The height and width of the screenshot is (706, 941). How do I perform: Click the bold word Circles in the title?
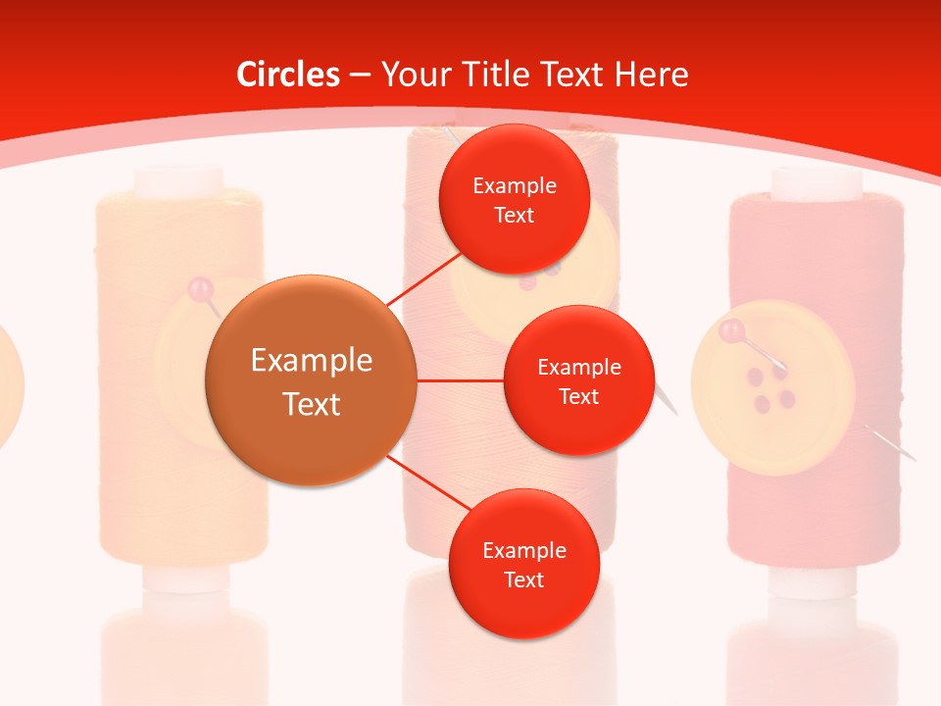288,75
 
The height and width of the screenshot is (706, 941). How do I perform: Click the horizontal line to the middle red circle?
460,379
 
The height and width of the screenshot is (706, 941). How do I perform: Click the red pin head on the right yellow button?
729,331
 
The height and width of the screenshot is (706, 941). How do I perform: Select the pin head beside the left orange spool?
200,288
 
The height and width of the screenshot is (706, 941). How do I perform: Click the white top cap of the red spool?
816,180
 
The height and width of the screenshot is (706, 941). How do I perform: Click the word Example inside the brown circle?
311,361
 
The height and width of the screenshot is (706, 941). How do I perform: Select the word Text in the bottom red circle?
523,580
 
